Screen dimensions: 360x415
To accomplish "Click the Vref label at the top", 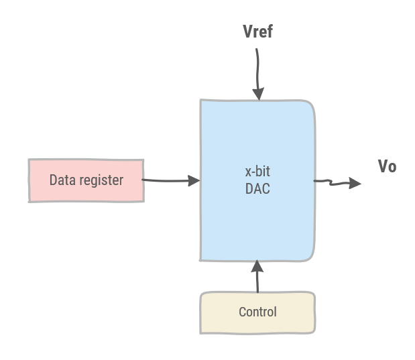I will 257,32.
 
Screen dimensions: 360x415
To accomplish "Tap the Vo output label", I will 387,166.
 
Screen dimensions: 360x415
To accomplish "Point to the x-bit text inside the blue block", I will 257,171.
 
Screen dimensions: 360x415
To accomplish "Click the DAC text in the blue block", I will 257,189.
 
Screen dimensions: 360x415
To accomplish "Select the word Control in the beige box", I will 257,312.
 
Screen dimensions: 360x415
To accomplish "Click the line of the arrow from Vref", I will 256,67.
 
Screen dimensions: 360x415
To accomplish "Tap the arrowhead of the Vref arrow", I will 257,94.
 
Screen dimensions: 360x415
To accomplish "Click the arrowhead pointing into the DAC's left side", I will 194,180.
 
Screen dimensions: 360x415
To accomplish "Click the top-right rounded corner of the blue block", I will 310,105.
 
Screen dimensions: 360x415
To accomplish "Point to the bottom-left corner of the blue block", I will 201,259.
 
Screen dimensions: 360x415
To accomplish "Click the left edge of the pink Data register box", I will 29,180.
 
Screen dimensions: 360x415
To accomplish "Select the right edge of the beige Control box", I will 314,312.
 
